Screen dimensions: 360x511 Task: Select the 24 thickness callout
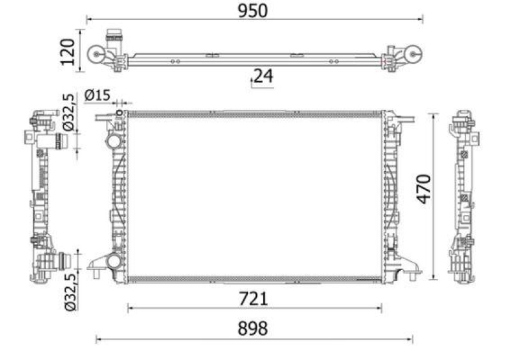pos(263,76)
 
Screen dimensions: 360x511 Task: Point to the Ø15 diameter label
pos(98,96)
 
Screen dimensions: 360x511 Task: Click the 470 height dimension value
pos(424,189)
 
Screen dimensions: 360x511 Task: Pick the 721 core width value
pos(254,298)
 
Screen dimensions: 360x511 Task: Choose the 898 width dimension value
pos(253,329)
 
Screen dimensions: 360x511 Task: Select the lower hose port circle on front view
pos(114,260)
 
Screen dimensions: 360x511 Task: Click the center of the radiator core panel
pos(254,195)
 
